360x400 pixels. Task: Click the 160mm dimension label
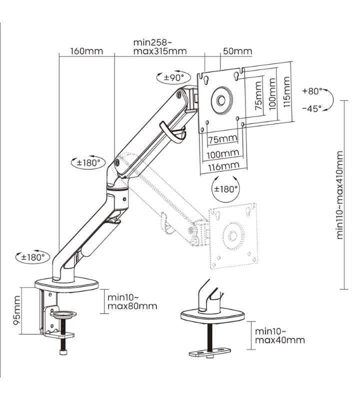86,51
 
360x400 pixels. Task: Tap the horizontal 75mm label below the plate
222,139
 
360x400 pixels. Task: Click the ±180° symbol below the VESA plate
226,189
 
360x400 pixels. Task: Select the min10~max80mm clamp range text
131,301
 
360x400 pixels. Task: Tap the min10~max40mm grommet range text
279,335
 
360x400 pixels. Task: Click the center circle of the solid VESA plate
220,98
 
